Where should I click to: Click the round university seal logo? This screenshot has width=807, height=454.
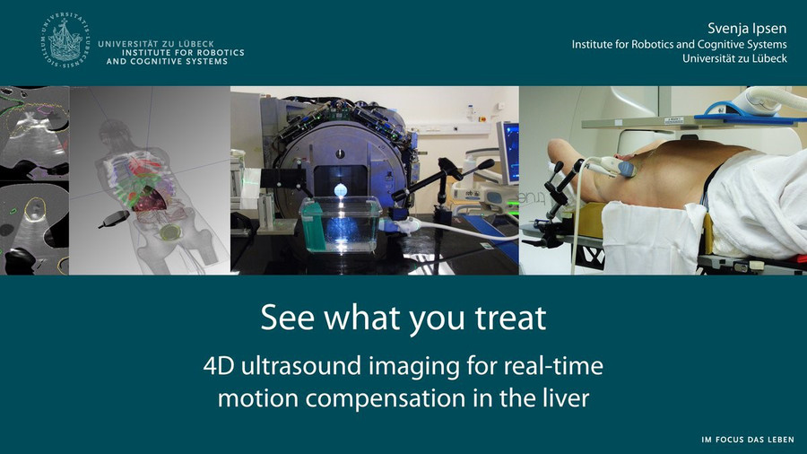65,40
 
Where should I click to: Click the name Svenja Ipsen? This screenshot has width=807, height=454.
747,29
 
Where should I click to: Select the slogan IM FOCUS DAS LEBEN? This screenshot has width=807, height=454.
747,440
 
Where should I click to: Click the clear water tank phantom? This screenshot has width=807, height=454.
341,225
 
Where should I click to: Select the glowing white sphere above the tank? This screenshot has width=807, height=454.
340,190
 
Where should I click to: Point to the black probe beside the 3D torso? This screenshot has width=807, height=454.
114,219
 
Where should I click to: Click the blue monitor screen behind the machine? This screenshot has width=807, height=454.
509,153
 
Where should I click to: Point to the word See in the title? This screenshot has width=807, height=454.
287,318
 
